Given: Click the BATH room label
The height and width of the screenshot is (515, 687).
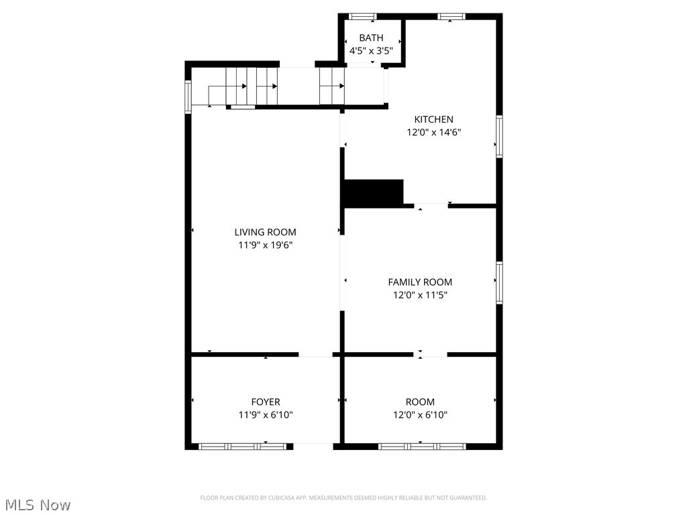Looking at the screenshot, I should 371,38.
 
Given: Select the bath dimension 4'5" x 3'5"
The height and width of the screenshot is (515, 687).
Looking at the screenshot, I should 371,50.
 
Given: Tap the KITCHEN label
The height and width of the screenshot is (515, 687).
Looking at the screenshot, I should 433,119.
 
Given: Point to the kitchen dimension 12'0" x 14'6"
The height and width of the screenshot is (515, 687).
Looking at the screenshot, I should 433,132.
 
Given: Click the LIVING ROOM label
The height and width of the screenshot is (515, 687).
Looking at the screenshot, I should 265,232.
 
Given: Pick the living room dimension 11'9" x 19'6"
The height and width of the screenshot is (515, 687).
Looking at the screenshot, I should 265,245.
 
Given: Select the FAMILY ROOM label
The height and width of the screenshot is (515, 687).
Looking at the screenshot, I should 420,282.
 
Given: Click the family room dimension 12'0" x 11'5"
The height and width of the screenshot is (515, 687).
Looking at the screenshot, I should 420,294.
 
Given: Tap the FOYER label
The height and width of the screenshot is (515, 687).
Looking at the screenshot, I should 266,402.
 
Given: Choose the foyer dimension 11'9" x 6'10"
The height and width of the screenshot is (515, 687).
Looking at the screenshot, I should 266,414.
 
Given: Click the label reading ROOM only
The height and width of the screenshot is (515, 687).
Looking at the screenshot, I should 420,402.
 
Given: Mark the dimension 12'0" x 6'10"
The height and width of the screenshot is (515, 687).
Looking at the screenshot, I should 420,414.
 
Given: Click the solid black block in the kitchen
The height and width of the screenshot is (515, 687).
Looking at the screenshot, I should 373,193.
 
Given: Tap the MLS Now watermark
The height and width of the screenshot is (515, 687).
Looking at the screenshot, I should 38,504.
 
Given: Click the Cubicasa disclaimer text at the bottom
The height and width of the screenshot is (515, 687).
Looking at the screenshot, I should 343,498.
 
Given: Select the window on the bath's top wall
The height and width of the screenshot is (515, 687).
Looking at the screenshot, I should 363,16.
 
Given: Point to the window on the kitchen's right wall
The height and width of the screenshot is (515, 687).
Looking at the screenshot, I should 499,137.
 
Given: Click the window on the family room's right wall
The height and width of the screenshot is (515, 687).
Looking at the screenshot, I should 499,283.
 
